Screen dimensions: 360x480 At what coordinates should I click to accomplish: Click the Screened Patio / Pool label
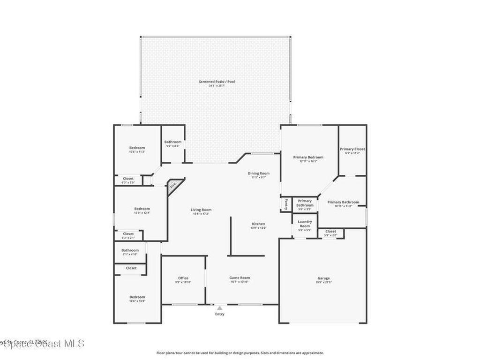(217, 82)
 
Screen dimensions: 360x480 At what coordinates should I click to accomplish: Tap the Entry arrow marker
(219, 308)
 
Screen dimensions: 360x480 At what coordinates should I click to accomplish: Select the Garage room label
(323, 278)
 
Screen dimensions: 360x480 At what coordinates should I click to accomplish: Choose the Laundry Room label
(305, 224)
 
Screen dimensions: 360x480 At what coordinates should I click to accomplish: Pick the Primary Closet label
(352, 149)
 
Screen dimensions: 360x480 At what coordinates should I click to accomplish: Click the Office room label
(183, 278)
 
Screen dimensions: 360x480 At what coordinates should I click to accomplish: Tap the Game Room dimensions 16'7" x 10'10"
(240, 282)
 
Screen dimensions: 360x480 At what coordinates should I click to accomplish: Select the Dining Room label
(259, 173)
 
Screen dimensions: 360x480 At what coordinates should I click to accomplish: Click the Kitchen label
(258, 224)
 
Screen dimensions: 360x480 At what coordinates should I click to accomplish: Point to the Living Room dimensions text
(201, 214)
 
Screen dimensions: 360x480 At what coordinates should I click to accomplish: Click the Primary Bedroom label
(308, 157)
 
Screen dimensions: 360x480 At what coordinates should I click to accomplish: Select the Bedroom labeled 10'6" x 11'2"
(137, 148)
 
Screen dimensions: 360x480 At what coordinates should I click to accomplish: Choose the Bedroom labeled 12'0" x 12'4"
(142, 209)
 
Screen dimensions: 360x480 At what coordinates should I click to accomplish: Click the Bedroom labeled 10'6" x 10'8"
(137, 297)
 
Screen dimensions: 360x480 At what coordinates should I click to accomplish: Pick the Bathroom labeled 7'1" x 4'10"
(130, 250)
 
